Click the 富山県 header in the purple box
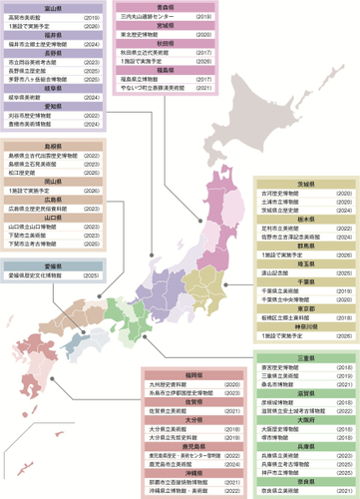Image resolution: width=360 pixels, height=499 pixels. point(44,8)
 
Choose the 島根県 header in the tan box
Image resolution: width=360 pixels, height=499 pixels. point(44,147)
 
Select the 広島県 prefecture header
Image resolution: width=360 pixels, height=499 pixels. point(44,200)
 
